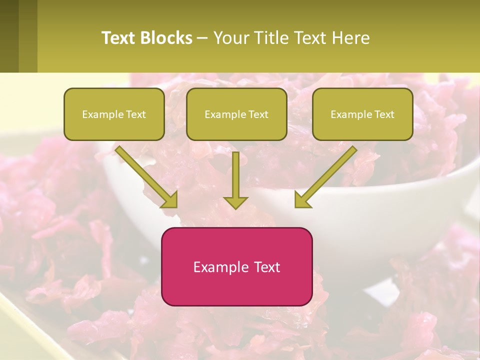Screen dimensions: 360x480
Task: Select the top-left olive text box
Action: pyautogui.click(x=114, y=114)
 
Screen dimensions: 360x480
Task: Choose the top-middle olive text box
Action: pyautogui.click(x=236, y=114)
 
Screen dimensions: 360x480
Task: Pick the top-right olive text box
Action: pyautogui.click(x=362, y=114)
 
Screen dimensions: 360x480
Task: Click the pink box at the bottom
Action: pyautogui.click(x=236, y=266)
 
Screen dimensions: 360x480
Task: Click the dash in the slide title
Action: pyautogui.click(x=202, y=38)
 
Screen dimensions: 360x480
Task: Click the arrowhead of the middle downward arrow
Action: pyautogui.click(x=235, y=202)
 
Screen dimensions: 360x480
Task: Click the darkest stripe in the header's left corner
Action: pyautogui.click(x=9, y=36)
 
